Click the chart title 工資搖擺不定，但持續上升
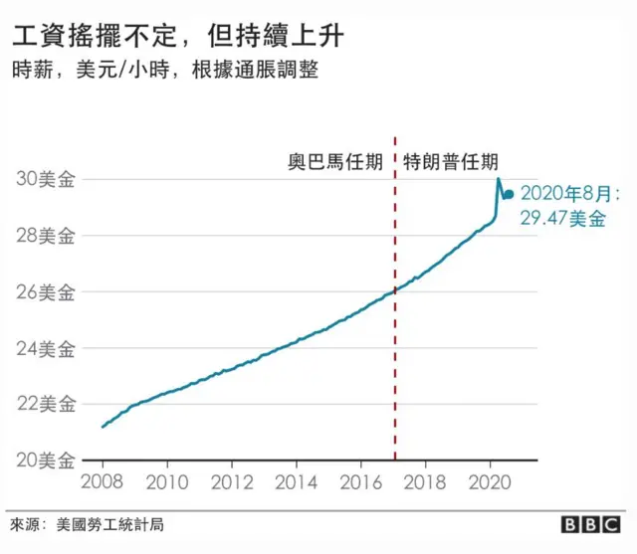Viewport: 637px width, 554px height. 180,38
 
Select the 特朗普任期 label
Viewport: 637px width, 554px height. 451,161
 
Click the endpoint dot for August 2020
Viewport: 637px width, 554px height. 509,195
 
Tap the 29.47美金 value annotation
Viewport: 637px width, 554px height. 562,219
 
